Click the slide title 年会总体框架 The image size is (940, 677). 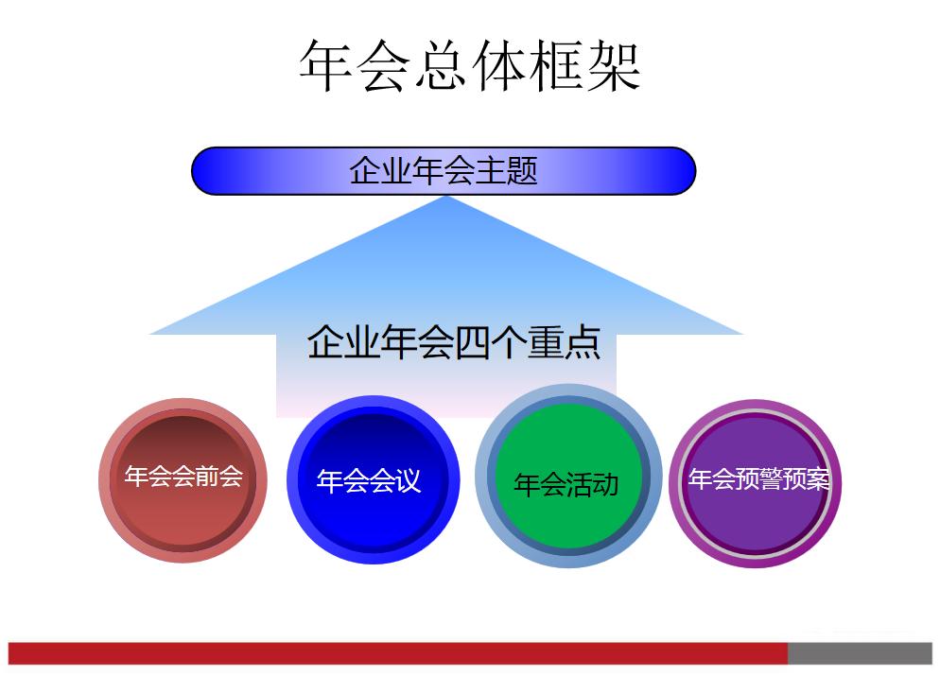point(470,65)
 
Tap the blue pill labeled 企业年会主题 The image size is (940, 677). point(444,171)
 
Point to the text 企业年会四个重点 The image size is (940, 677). point(454,342)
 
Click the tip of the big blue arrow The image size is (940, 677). point(445,199)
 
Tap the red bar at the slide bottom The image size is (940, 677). point(397,653)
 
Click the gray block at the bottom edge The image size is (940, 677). point(860,653)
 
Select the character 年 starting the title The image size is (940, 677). point(326,66)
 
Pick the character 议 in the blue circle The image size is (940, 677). point(407,481)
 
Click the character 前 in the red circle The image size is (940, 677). point(207,476)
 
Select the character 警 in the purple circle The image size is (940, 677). point(772,479)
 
